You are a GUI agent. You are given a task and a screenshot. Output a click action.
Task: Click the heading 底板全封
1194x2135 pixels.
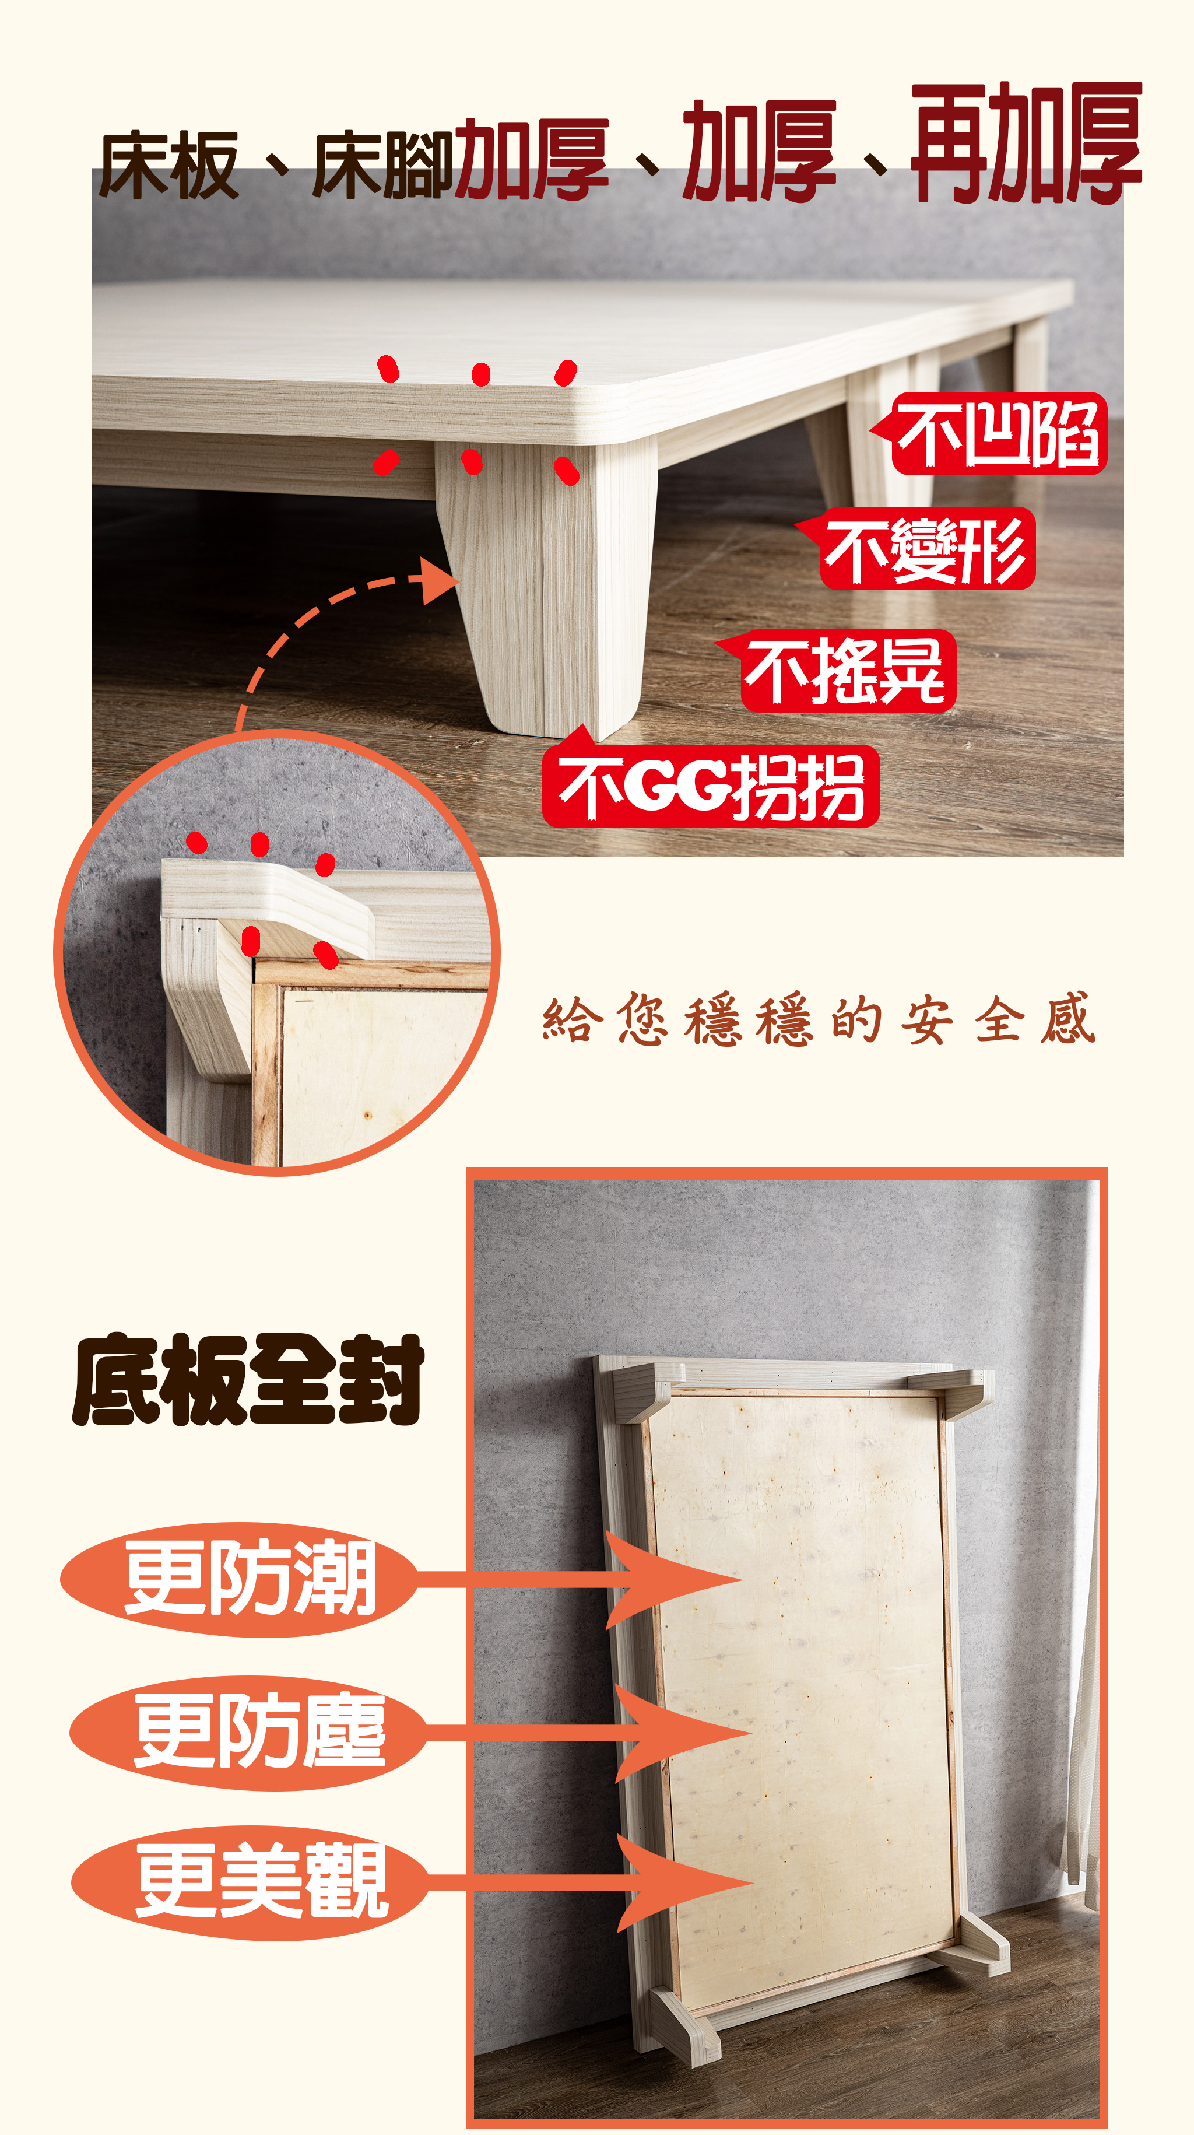click(x=248, y=1380)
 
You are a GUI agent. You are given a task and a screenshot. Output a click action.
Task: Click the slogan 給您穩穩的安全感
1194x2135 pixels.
click(x=819, y=1019)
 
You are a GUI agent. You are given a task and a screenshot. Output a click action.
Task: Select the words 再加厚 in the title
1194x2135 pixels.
click(x=1027, y=142)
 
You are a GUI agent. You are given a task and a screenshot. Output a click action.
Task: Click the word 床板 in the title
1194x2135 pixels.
click(x=169, y=166)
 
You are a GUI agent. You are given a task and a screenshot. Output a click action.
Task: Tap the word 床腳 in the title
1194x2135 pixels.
click(x=383, y=166)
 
